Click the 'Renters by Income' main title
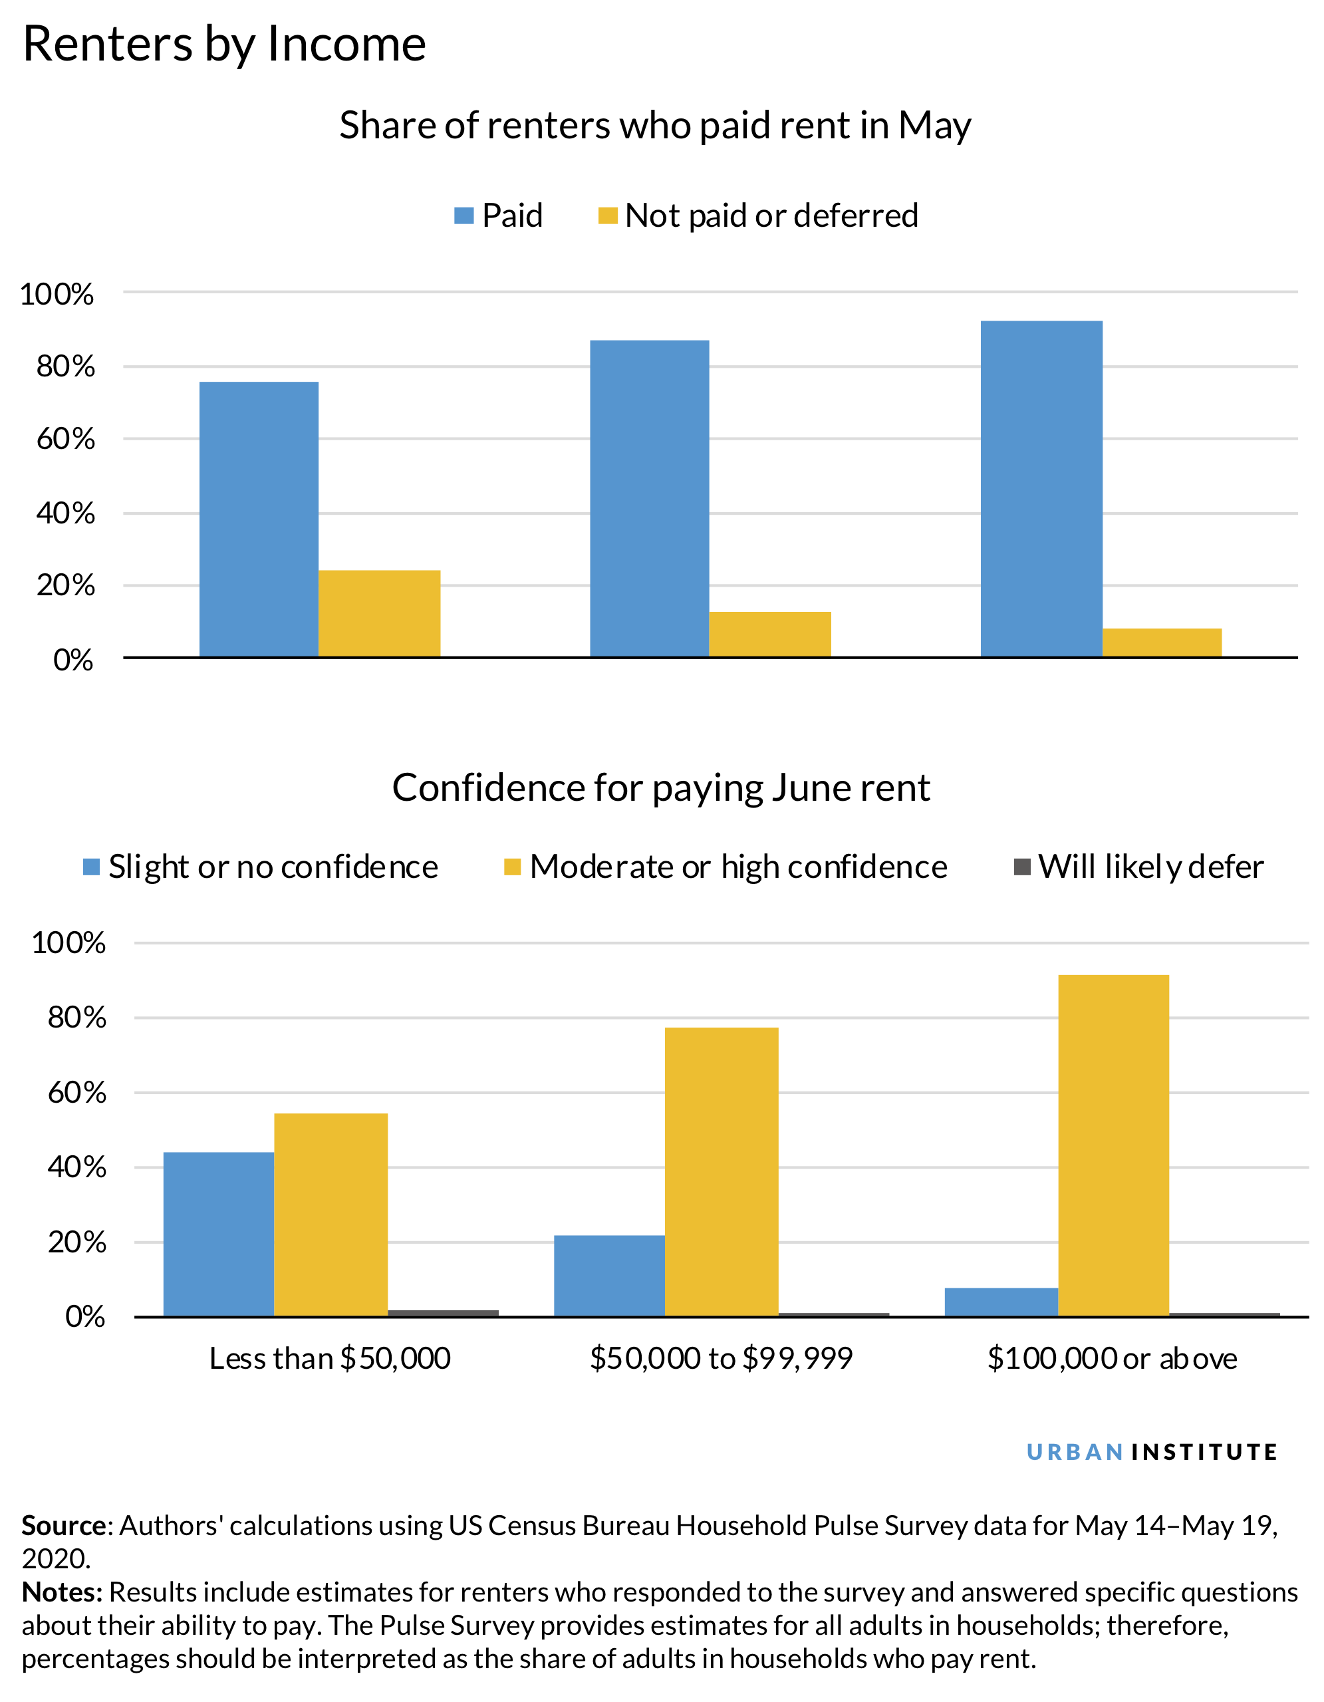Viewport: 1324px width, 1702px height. click(x=224, y=44)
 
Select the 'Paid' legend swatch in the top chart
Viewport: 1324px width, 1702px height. click(x=463, y=216)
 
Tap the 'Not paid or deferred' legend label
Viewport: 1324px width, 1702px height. click(x=771, y=216)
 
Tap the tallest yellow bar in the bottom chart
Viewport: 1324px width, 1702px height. click(x=1113, y=1145)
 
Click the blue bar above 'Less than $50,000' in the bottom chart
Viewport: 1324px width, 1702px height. click(x=218, y=1234)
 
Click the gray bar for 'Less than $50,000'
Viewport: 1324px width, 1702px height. click(x=443, y=1313)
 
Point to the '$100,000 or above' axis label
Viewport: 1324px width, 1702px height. click(x=1112, y=1358)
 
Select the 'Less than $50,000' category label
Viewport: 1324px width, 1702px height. click(x=330, y=1358)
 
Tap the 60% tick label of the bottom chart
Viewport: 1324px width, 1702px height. click(x=76, y=1093)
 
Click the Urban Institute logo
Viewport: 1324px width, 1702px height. click(x=1152, y=1452)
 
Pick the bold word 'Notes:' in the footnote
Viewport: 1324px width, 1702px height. click(x=63, y=1592)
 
